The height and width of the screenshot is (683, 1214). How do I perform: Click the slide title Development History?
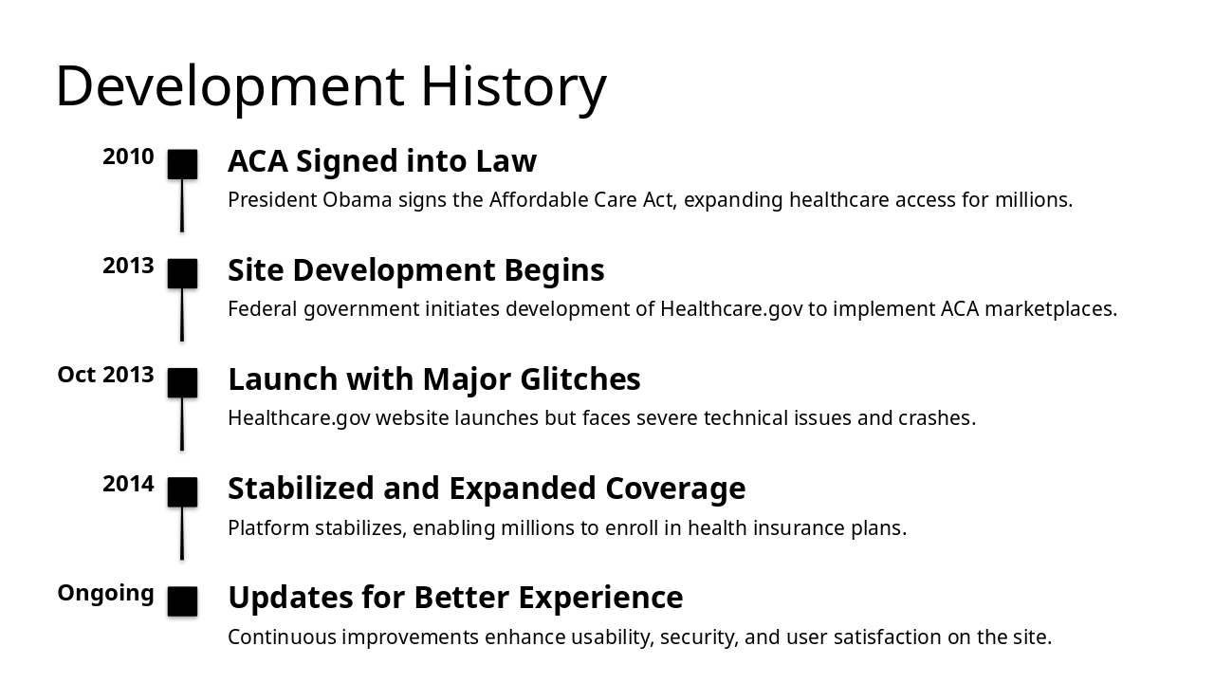point(330,85)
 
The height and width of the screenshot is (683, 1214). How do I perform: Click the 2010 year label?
point(128,157)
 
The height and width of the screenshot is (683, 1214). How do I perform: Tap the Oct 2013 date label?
point(105,375)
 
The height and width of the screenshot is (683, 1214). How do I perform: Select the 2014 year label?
point(128,484)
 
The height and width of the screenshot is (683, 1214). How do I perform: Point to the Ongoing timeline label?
point(105,593)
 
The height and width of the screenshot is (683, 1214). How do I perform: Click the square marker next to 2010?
point(182,164)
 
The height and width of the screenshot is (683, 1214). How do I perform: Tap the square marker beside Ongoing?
point(182,601)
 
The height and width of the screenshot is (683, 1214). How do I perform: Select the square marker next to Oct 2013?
point(182,383)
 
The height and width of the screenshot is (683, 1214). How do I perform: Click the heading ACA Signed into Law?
point(381,161)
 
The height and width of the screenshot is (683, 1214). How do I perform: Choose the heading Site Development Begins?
point(415,270)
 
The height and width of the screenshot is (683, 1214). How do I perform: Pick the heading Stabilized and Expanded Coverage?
point(487,489)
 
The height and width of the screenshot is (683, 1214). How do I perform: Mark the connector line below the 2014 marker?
point(182,533)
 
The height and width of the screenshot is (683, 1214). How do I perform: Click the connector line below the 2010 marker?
point(182,205)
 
